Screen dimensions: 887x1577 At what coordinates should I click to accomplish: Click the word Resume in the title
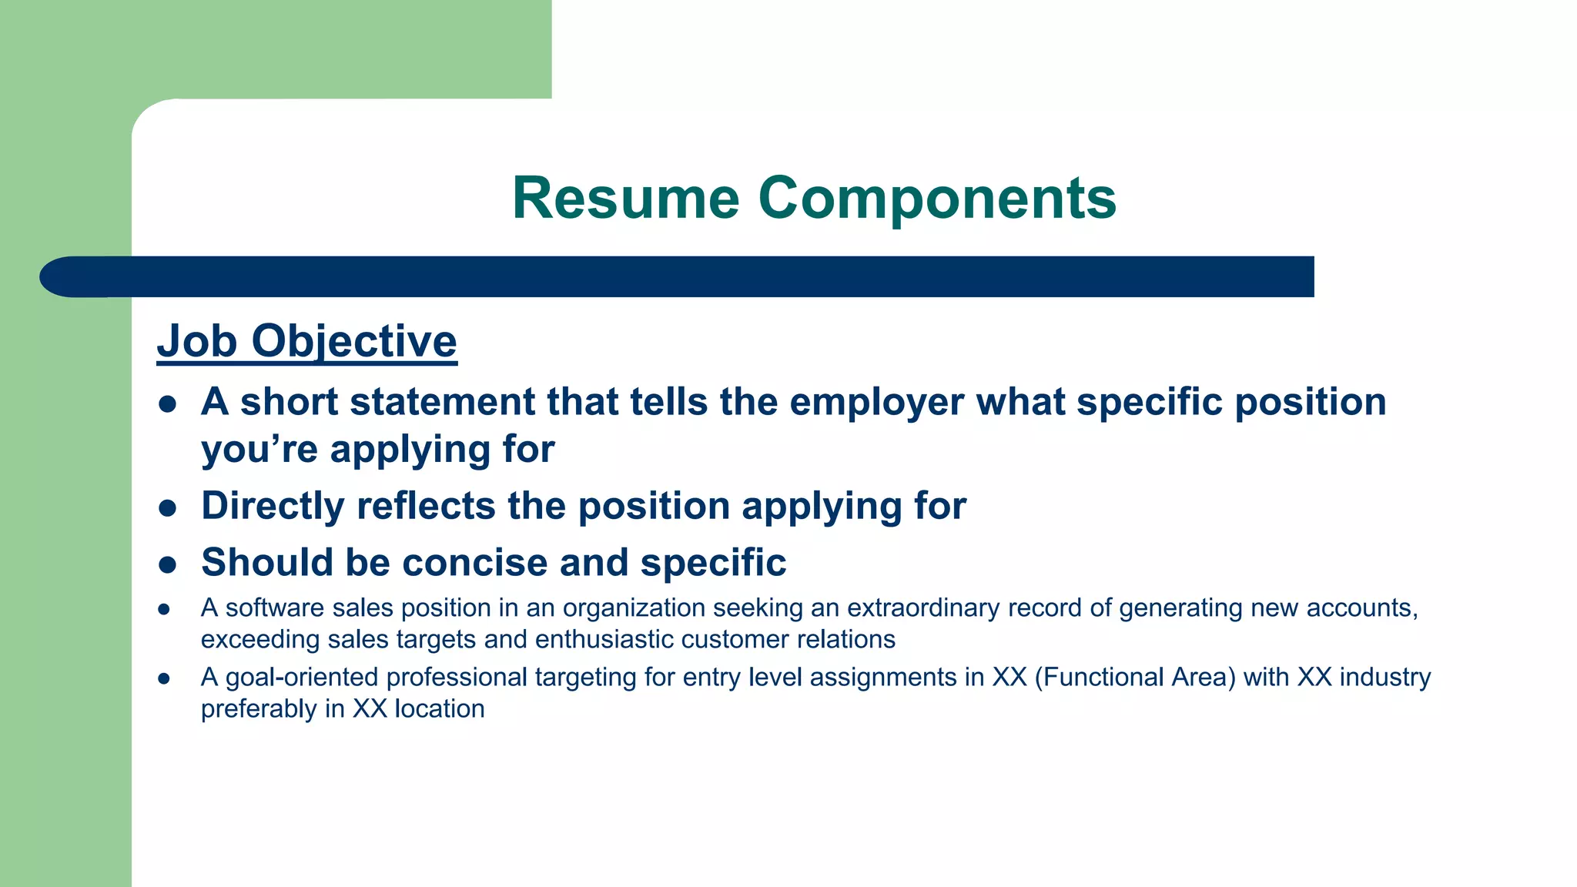click(x=625, y=199)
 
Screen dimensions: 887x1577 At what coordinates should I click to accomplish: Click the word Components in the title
click(x=937, y=199)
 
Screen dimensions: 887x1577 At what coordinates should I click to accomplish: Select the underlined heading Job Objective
click(x=306, y=341)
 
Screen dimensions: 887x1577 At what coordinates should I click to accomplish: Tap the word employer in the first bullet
click(x=876, y=402)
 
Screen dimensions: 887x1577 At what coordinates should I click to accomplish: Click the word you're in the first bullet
click(x=259, y=450)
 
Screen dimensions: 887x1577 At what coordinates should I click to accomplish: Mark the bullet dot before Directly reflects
click(x=167, y=508)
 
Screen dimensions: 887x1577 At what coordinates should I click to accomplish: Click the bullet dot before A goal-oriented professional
click(x=163, y=679)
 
